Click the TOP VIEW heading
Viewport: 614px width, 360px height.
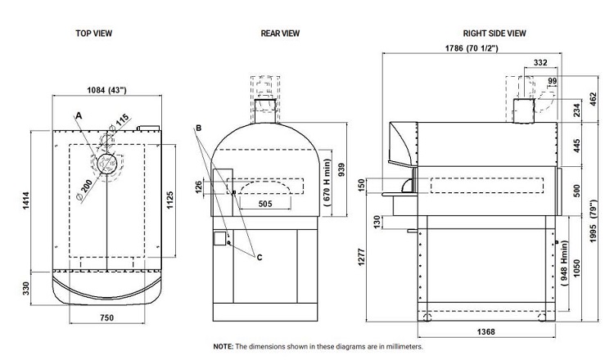[94, 34]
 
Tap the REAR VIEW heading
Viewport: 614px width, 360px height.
[280, 34]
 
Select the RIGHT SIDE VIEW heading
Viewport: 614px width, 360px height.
[494, 34]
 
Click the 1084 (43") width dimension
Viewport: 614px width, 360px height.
[106, 90]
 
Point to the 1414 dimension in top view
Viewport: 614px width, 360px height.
[26, 200]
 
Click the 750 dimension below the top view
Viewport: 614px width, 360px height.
[107, 317]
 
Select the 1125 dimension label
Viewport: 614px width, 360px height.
[169, 200]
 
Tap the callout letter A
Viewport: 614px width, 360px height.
[79, 116]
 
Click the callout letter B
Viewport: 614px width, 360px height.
[199, 128]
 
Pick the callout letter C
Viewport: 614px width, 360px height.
[260, 258]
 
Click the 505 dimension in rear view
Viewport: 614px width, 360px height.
[265, 204]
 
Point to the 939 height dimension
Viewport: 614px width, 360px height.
[341, 169]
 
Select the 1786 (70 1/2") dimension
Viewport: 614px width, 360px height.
[472, 48]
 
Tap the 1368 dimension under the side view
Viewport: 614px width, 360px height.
[486, 332]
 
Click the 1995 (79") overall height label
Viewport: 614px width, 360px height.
[594, 221]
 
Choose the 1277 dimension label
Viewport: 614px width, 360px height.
[361, 258]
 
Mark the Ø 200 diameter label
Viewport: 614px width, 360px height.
[84, 191]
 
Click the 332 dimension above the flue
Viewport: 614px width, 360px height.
[540, 63]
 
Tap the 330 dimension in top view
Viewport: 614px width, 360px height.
[26, 288]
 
